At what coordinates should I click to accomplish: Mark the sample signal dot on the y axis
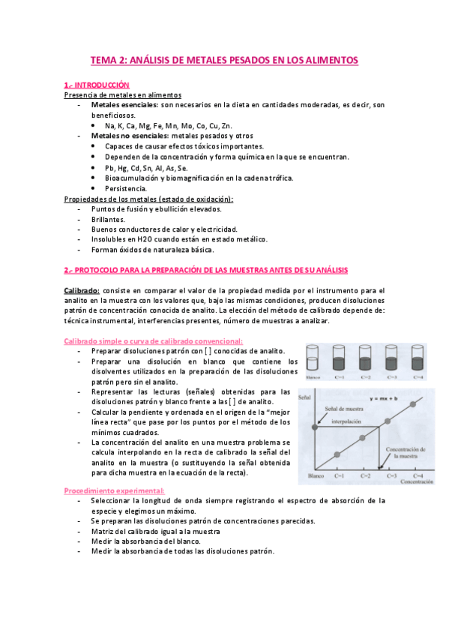click(x=316, y=426)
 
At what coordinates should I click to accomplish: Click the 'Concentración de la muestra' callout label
click(x=406, y=451)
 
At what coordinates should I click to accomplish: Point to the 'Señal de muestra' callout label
click(x=344, y=408)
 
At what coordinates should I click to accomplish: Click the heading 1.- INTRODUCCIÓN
click(x=97, y=85)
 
